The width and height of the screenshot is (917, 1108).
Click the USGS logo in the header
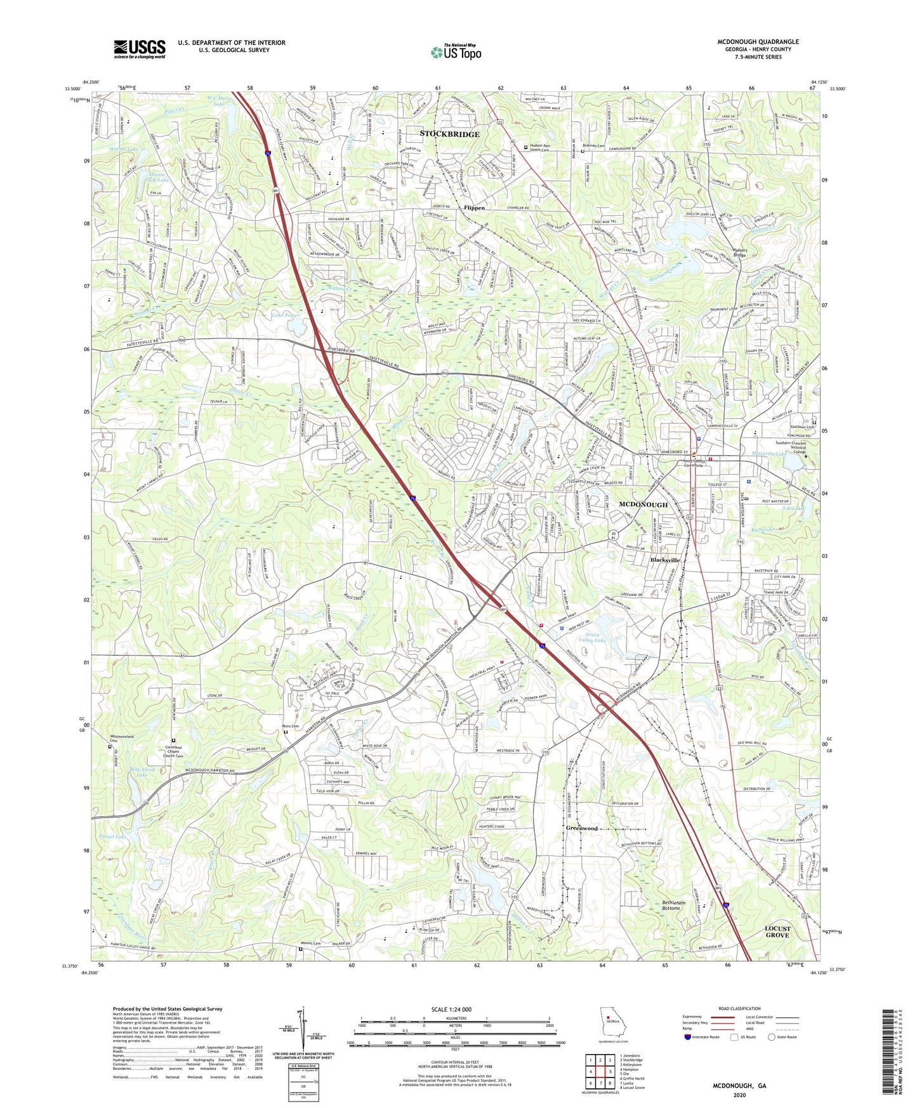tap(140, 49)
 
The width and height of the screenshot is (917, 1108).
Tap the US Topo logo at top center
tap(455, 52)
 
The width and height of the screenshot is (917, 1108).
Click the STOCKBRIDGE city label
tap(449, 134)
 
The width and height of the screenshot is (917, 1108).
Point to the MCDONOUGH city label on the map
tap(643, 505)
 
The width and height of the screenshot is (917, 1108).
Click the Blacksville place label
tap(664, 560)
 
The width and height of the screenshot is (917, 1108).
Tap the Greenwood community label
tap(582, 828)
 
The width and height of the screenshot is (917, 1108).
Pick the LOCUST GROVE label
tap(777, 932)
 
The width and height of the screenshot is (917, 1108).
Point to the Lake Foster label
tap(285, 315)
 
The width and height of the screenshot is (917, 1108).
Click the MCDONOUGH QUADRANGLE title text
tap(758, 42)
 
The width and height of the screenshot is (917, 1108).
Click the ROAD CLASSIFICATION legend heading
tap(739, 1008)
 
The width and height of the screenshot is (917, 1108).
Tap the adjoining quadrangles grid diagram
tap(599, 1072)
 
